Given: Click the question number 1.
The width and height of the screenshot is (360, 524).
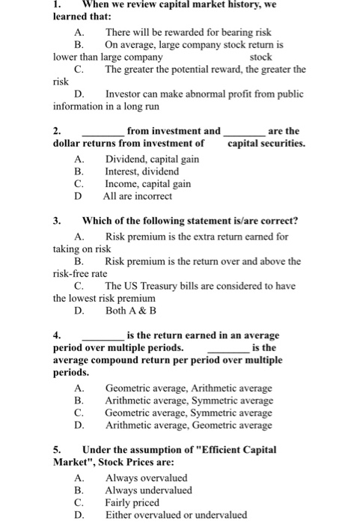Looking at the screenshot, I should click(57, 4).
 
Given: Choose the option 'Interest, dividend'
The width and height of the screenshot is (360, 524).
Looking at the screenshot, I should click(142, 171).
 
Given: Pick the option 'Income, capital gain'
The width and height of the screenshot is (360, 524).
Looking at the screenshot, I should click(147, 183).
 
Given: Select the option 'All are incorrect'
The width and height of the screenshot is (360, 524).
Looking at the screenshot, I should click(138, 196).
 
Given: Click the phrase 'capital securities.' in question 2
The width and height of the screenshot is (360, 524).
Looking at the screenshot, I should click(266, 142).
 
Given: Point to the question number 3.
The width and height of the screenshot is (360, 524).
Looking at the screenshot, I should click(57, 220).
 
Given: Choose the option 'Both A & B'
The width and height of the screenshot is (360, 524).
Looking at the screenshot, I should click(131, 310).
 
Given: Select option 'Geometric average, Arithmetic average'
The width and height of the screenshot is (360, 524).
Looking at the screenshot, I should click(189, 388).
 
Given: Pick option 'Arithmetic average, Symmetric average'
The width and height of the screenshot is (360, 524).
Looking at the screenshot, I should click(189, 400).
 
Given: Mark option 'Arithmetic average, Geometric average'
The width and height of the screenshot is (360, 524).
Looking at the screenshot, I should click(189, 424).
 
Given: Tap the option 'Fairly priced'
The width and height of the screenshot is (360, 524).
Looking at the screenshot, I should click(132, 502).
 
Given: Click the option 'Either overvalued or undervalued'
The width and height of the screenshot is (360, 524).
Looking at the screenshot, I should click(176, 514).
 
